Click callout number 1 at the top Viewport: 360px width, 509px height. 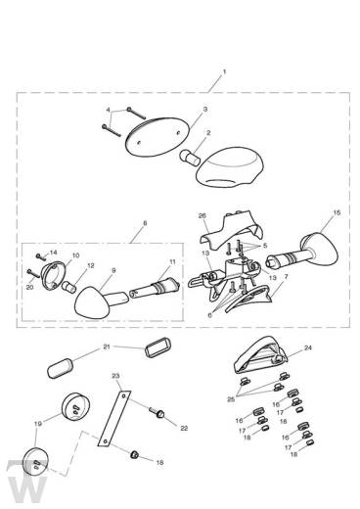coord(224,73)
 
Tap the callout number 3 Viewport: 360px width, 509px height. coord(204,110)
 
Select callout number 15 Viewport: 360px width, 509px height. coord(337,211)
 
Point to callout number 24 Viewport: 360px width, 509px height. coord(307,347)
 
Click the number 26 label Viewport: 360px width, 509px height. coord(202,216)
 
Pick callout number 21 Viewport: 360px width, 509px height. coord(109,347)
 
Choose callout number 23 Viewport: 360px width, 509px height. coord(114,376)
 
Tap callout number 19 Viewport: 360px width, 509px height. coord(38,425)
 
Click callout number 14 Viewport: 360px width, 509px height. coord(40,253)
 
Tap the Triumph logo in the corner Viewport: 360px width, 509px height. coord(21,485)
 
